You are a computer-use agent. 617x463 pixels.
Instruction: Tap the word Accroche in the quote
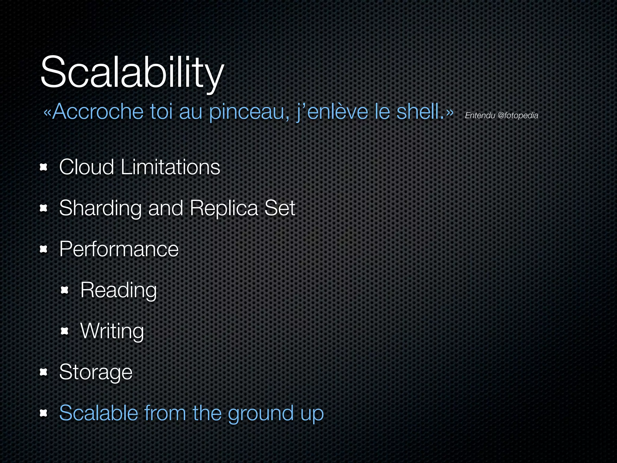coord(98,112)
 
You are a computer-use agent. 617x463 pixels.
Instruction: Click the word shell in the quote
coord(420,112)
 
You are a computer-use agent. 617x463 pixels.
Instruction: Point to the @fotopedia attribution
coord(518,115)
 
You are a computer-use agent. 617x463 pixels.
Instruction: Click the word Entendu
coord(480,115)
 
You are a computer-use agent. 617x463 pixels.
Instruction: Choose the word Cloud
coord(86,167)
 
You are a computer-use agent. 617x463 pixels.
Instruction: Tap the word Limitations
coord(171,167)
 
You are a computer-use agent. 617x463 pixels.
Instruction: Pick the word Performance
coord(119,249)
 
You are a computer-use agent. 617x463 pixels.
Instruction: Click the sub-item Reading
coord(118,290)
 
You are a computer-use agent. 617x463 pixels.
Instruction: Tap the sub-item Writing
coord(112,331)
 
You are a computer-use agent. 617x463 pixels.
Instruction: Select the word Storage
coord(96,372)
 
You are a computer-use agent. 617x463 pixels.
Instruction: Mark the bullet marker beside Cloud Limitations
coord(44,167)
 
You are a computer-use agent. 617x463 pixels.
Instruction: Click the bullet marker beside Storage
coord(44,372)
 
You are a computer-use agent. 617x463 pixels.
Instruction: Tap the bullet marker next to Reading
coord(65,290)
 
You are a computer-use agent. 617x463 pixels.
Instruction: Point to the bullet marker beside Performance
coord(44,249)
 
